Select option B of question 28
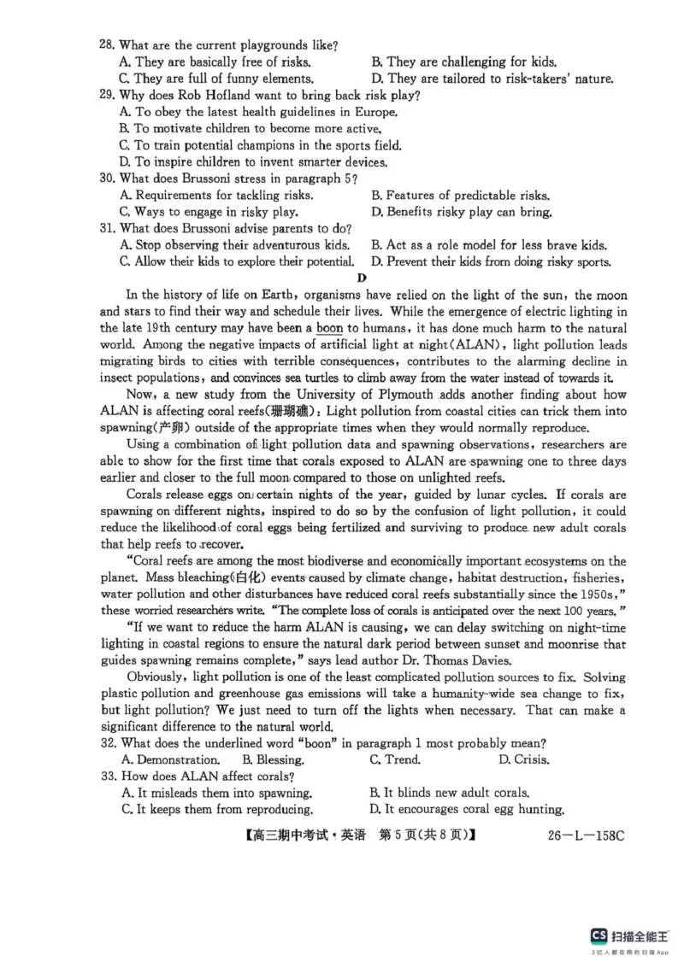[x=463, y=62]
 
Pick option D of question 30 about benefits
[x=461, y=212]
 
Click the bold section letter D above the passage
[x=362, y=278]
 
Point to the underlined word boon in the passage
[x=329, y=328]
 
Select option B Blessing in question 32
[x=273, y=759]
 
